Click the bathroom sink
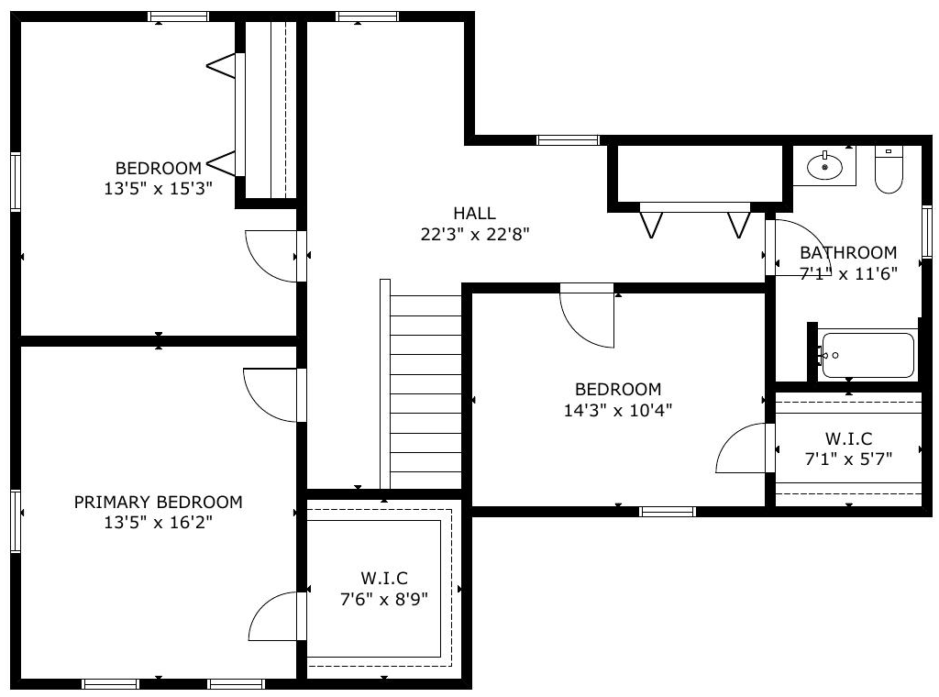[824, 166]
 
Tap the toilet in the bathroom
[889, 169]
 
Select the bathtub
[867, 355]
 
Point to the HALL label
[474, 213]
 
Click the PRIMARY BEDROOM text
[158, 502]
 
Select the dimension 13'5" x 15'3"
[158, 189]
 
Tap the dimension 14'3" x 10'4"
[618, 410]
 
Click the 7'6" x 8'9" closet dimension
[384, 599]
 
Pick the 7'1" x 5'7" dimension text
[848, 459]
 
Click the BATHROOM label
[848, 252]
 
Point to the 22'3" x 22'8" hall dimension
[475, 234]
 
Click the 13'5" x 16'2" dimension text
[158, 522]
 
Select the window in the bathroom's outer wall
[926, 232]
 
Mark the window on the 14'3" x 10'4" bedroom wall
[668, 512]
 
